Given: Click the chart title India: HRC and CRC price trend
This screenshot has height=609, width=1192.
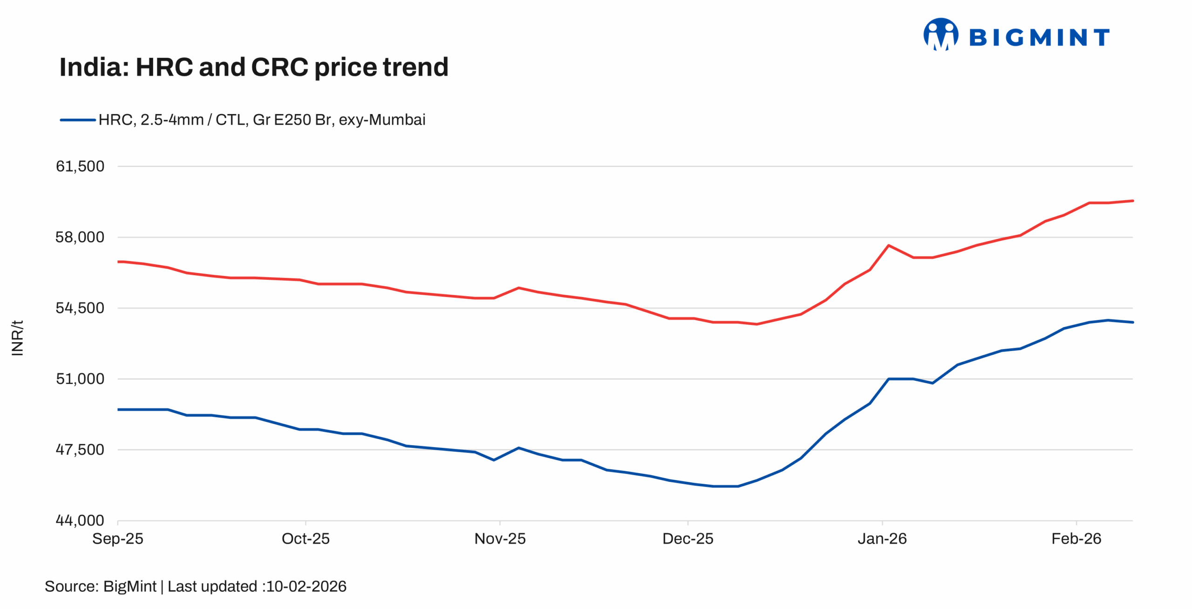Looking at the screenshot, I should (x=254, y=68).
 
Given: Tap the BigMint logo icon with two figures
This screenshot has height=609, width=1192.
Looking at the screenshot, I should (x=941, y=34).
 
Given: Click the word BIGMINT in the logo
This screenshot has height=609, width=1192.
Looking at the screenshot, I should (x=1039, y=37).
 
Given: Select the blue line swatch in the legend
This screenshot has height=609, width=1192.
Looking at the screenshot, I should (x=77, y=120).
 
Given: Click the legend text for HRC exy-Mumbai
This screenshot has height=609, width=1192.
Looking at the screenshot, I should (x=262, y=120).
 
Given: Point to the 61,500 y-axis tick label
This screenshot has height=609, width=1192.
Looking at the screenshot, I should (x=80, y=166).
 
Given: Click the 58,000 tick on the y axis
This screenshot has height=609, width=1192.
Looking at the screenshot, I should (x=80, y=237).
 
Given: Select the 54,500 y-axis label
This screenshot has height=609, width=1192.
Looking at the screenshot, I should (x=80, y=308).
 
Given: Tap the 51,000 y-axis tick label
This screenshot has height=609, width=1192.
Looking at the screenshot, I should (x=80, y=379).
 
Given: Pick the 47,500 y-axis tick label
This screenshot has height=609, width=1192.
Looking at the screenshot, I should (x=80, y=449).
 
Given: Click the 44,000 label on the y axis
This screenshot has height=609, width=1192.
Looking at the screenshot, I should (x=80, y=520).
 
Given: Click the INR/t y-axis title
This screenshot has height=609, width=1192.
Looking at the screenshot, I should (x=17, y=338).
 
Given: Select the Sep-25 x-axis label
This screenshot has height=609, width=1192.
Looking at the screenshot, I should (x=118, y=539).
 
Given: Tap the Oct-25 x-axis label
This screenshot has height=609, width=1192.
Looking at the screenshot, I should (x=305, y=539).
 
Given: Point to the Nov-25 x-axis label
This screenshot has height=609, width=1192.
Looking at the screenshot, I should (x=500, y=539).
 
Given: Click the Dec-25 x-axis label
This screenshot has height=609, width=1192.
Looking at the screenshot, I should (x=688, y=539).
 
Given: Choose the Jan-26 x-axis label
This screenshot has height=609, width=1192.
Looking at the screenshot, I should (x=882, y=539).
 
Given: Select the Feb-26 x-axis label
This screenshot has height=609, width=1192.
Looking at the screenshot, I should (x=1076, y=539).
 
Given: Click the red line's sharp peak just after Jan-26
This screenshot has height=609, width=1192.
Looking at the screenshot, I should (x=888, y=245).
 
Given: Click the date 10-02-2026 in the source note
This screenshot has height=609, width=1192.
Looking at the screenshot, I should (x=306, y=586).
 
